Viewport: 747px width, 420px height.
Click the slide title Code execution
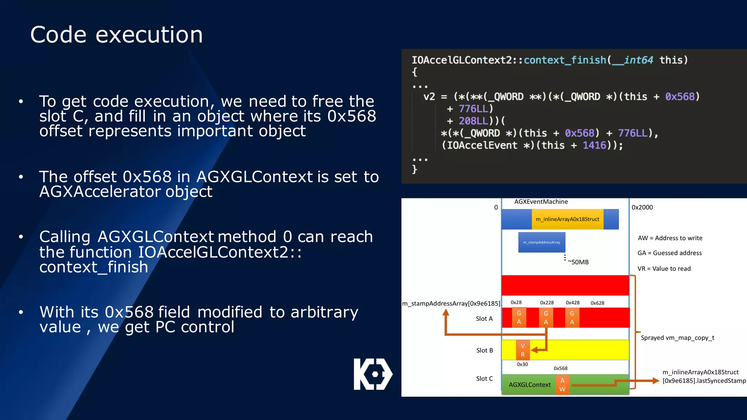point(116,35)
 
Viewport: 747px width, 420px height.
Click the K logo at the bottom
point(373,374)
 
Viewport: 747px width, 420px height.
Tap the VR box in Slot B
point(523,350)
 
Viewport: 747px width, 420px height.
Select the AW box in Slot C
point(562,385)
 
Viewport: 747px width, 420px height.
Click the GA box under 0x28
point(519,318)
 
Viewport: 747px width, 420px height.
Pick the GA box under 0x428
point(572,318)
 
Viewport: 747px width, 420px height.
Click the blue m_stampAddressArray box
point(542,242)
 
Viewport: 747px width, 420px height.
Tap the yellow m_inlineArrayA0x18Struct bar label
point(567,219)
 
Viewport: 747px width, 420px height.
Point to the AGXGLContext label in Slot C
point(530,385)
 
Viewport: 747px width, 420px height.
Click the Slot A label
point(484,319)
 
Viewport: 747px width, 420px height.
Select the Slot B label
point(484,350)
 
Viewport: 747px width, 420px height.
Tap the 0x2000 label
point(642,207)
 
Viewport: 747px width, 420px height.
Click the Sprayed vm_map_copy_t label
point(677,338)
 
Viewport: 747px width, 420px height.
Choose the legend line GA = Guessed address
point(669,253)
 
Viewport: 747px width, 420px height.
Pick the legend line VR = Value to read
point(664,269)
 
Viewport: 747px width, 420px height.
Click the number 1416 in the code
point(594,145)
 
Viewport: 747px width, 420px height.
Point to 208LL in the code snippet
point(473,121)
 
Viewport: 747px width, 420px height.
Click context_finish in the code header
point(565,60)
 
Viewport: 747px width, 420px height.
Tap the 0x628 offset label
point(597,303)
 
